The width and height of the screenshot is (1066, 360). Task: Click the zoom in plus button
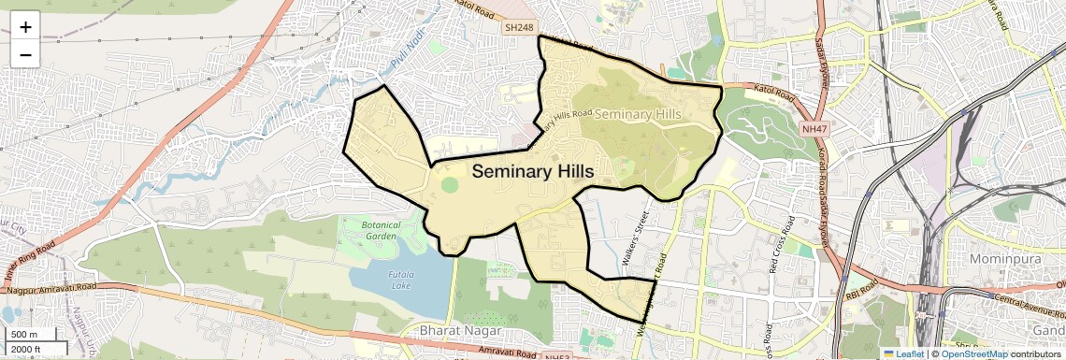click(x=25, y=27)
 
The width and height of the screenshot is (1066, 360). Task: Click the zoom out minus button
click(x=25, y=54)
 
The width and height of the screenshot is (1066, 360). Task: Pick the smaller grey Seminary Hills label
click(x=637, y=114)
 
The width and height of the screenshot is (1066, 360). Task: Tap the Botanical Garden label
click(x=381, y=231)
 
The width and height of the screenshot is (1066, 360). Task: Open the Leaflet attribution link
click(x=902, y=353)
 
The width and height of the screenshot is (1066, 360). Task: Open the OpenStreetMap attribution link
click(x=973, y=353)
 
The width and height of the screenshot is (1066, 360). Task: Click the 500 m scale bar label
click(x=25, y=335)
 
